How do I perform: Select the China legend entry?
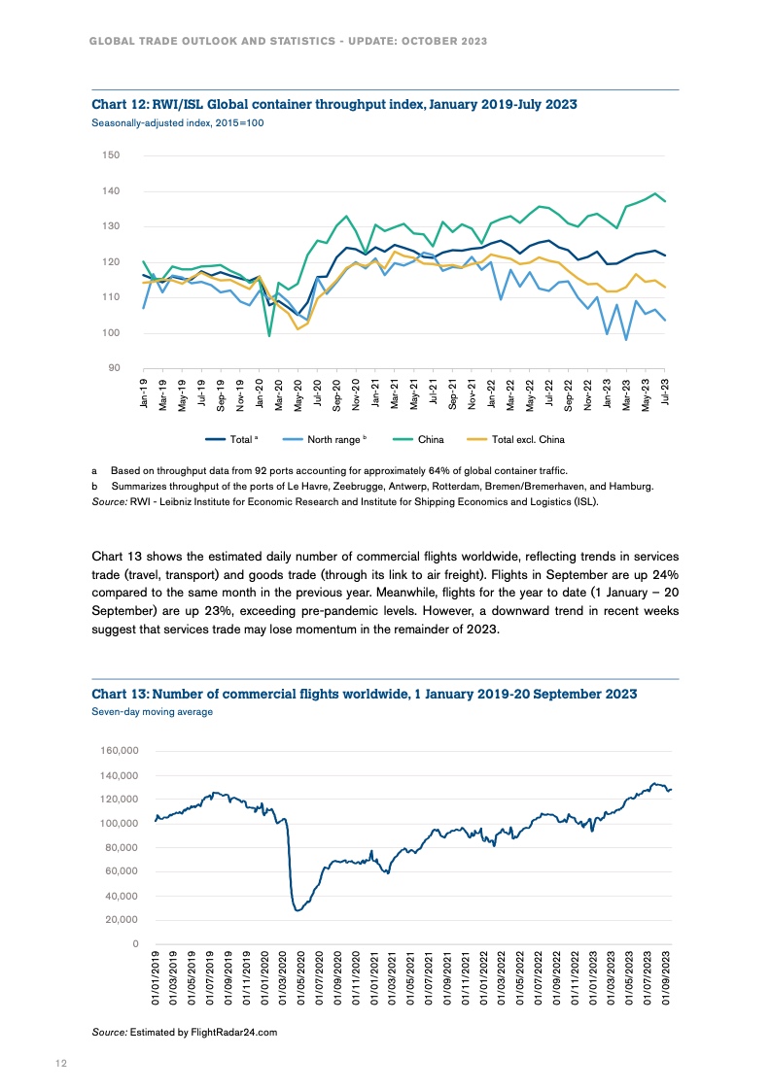tap(430, 439)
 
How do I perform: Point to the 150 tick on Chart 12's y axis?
tap(110, 155)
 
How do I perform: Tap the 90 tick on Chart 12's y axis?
tap(113, 369)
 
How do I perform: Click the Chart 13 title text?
tap(364, 694)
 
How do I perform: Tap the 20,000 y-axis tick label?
tap(123, 920)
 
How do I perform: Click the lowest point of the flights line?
tap(298, 910)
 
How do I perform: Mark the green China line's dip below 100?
tap(269, 336)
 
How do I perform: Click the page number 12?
tap(60, 1064)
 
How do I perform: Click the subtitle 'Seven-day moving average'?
tap(152, 712)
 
